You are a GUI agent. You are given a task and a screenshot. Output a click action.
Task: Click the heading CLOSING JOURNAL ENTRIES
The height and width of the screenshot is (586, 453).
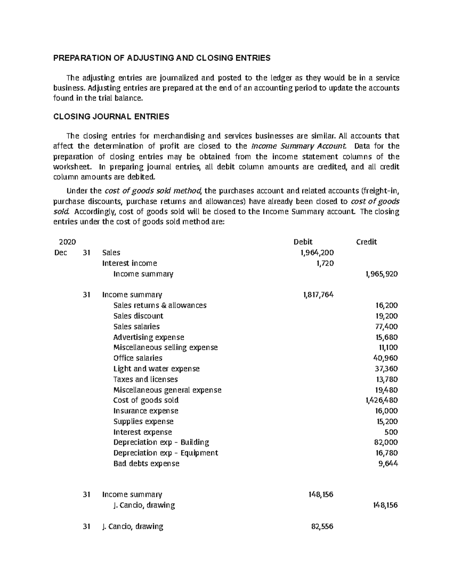pos(111,117)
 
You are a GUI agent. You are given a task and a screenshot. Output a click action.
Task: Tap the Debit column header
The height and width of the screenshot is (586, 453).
pos(303,242)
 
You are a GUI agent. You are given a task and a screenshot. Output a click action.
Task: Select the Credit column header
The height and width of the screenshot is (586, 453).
pos(366,242)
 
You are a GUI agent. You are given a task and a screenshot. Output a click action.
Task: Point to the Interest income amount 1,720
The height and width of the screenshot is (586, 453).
pos(325,263)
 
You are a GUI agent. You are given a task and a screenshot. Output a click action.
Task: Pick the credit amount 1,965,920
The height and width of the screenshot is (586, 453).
pos(381,274)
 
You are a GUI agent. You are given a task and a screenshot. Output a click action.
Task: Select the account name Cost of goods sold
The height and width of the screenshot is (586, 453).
pos(146,400)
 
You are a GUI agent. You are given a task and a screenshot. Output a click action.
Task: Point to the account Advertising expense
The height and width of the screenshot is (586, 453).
pos(149,337)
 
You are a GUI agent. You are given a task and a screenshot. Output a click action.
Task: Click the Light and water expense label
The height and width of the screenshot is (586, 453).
pos(156,369)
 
